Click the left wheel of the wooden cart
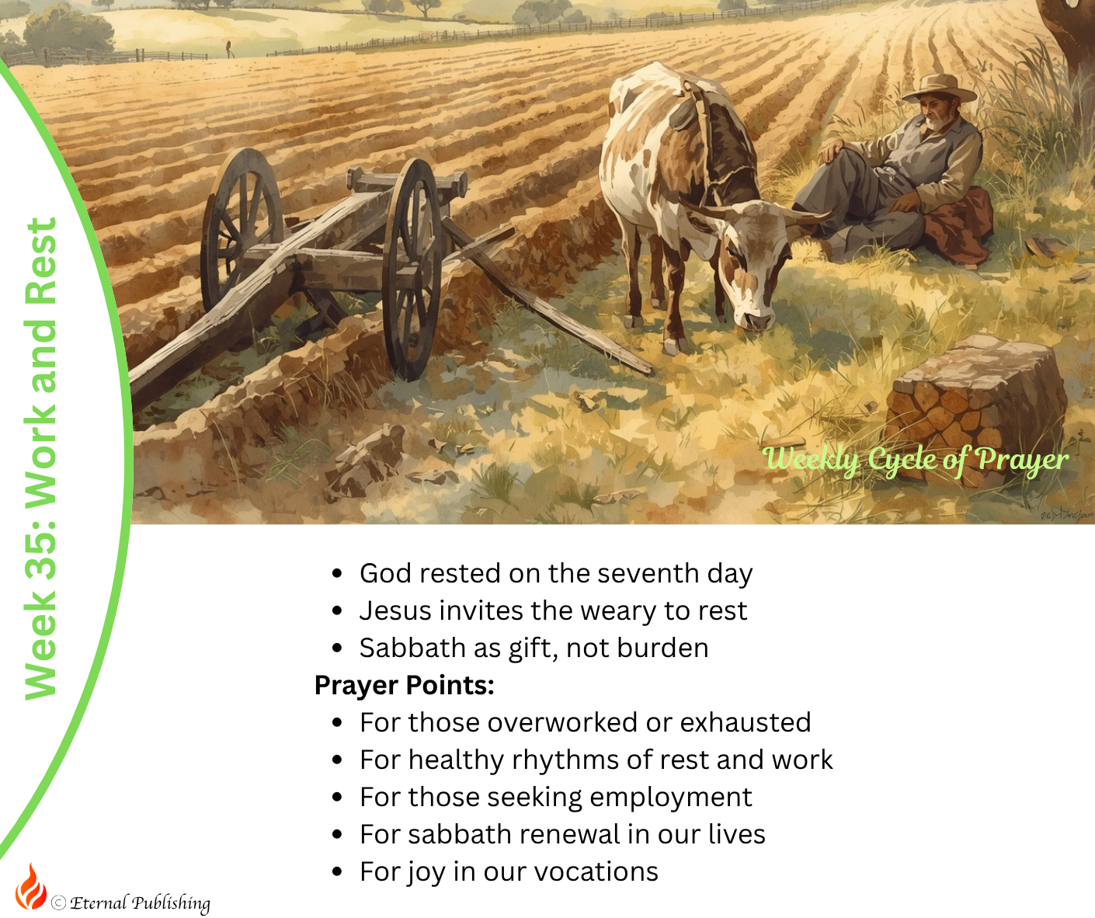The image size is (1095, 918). point(241,228)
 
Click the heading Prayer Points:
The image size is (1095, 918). point(405,685)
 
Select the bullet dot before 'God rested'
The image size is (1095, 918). point(337,573)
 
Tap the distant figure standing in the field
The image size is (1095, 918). point(228,49)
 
